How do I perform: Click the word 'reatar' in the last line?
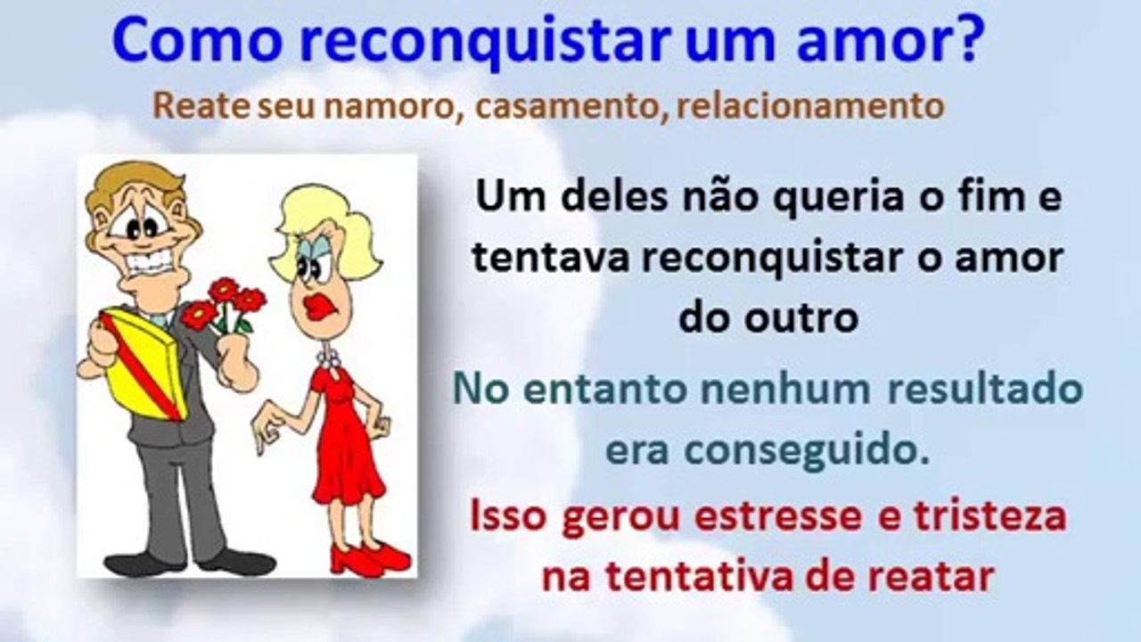(x=932, y=577)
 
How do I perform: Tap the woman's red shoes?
(x=370, y=558)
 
